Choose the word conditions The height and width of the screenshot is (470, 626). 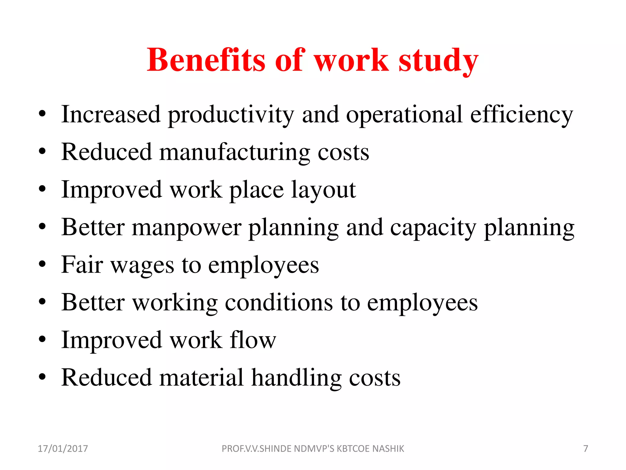(x=279, y=303)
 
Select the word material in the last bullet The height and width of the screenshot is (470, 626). (x=201, y=378)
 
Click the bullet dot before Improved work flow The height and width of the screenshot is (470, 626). (x=42, y=339)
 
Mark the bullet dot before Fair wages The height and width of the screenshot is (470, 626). (x=42, y=264)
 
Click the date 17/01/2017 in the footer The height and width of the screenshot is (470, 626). (x=63, y=449)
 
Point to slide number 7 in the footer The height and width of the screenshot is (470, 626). (x=586, y=449)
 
